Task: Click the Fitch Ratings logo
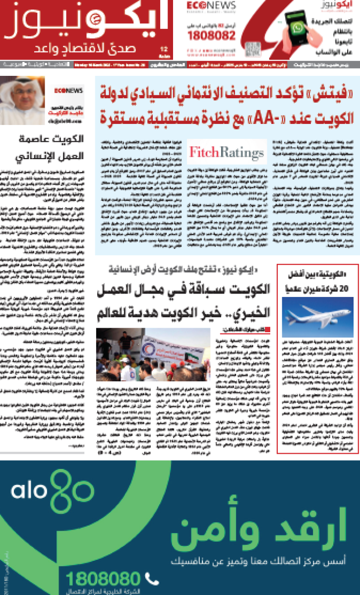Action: [226, 152]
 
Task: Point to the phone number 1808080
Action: [105, 579]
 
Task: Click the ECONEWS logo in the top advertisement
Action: [205, 5]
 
